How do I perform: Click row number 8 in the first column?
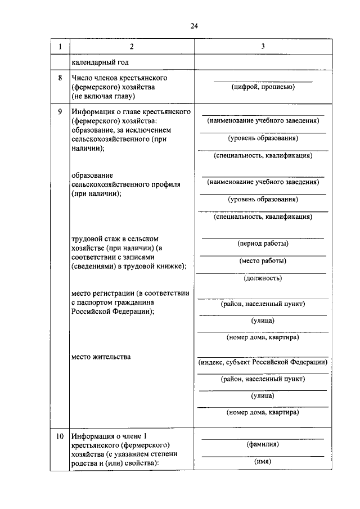[60, 77]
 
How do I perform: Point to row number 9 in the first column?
[60, 111]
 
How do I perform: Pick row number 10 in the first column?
[60, 436]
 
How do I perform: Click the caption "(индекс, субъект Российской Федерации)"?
[263, 362]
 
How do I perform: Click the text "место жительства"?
[101, 357]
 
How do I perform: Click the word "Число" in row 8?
[83, 77]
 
